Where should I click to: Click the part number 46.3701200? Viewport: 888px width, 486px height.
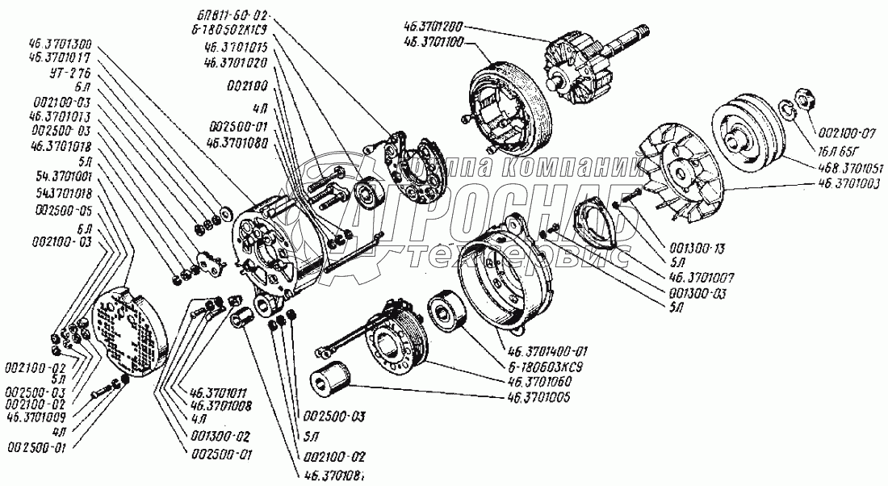click(x=435, y=25)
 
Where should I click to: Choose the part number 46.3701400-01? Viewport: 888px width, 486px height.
click(x=549, y=352)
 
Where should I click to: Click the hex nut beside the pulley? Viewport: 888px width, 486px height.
click(x=804, y=98)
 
